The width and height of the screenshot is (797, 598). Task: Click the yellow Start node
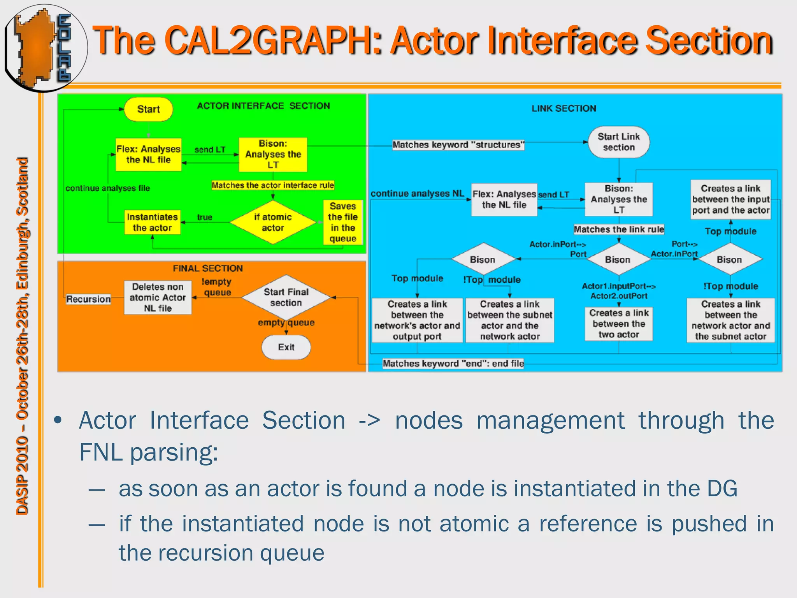148,109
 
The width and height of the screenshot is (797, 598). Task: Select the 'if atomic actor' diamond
273,222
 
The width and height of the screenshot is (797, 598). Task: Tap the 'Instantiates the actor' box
152,222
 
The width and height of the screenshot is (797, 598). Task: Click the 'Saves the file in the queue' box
342,222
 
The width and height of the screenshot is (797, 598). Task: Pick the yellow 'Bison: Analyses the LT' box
273,155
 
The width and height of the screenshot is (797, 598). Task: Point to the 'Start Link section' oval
618,142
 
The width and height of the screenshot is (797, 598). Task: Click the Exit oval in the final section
286,347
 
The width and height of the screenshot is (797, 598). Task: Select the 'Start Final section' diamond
286,297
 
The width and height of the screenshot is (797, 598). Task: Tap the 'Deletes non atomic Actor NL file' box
158,297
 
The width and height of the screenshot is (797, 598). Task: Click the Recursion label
88,299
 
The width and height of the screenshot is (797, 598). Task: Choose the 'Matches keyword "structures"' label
458,145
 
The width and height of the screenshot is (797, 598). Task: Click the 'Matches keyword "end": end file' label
453,364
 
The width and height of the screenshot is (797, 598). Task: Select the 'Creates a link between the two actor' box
618,324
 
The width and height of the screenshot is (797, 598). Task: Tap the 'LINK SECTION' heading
564,109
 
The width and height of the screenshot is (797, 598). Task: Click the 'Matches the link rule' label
618,229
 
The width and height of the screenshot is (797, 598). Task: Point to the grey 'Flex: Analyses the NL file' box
504,200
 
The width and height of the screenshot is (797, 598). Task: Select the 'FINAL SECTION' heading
208,268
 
